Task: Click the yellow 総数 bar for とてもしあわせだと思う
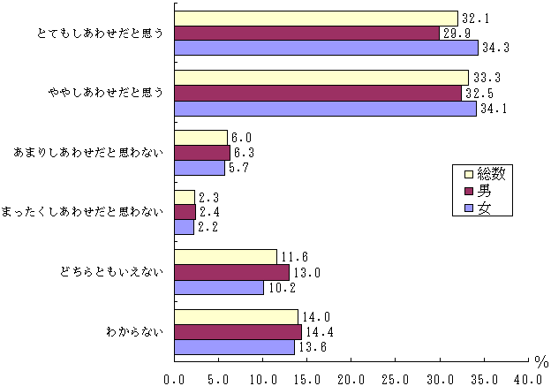316,19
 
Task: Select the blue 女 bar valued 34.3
326,47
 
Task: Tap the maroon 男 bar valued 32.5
318,93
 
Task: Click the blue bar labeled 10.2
219,287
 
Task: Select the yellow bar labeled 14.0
236,317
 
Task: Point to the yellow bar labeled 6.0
200,137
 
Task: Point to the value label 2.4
208,213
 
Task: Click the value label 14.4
317,332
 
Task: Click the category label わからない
134,332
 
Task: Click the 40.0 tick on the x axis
528,379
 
